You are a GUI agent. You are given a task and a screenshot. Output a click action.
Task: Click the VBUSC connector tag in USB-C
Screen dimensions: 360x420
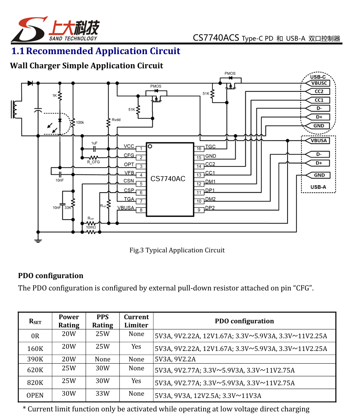[317, 83]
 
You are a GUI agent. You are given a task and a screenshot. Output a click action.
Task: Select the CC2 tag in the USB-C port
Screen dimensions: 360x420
[317, 91]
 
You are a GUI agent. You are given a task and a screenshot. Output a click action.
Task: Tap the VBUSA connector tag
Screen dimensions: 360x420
[317, 141]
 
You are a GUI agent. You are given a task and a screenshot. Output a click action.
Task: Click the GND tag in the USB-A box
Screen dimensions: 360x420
[318, 175]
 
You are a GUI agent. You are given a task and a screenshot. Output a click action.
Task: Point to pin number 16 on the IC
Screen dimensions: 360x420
[199, 149]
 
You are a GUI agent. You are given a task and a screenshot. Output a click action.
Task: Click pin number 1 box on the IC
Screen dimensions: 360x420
[141, 149]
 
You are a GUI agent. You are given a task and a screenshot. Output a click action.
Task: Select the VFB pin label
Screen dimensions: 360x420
[129, 173]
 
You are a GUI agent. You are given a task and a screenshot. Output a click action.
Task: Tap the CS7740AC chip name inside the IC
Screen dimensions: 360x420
[168, 179]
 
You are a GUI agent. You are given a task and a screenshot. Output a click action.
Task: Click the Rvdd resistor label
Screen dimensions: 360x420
[116, 120]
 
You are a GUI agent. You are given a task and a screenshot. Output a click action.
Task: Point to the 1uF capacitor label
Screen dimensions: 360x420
[94, 143]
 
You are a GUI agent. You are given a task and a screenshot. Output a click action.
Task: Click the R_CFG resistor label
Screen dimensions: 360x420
[93, 162]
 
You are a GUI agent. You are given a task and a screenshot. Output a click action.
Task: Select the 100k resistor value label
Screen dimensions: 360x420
[80, 122]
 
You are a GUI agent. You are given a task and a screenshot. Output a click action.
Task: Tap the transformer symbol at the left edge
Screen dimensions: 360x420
[16, 109]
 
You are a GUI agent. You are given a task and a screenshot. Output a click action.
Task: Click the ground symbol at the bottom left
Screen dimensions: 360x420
[38, 240]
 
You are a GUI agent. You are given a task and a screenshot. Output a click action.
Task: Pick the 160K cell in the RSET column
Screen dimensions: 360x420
[35, 348]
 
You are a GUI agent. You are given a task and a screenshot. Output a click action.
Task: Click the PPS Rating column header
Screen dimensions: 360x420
[103, 321]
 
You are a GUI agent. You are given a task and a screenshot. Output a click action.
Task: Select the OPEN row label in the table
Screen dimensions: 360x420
[35, 395]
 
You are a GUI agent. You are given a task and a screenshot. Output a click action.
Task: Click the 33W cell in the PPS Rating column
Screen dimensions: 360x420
[103, 393]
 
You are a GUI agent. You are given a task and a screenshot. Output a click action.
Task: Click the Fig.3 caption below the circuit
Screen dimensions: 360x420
[177, 250]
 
